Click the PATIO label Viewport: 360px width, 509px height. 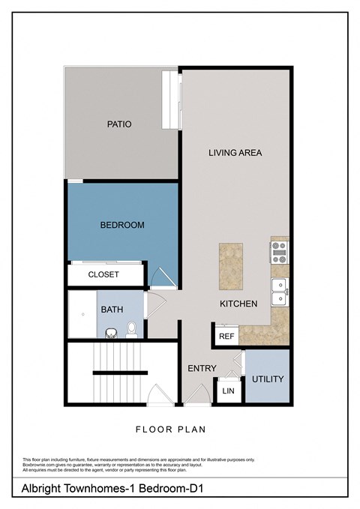(x=118, y=124)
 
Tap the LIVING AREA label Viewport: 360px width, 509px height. (x=235, y=153)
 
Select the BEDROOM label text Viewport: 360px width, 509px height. (x=122, y=225)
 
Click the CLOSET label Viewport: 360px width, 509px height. (x=103, y=274)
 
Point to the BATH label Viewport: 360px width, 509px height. (x=112, y=309)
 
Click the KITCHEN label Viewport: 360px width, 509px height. (x=238, y=304)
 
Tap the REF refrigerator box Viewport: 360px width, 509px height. (x=226, y=337)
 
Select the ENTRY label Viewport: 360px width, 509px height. (x=202, y=368)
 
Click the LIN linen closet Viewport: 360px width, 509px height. (x=227, y=391)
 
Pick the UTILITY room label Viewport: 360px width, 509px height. (x=268, y=379)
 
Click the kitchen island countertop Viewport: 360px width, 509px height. (x=230, y=266)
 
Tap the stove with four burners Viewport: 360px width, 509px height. (x=280, y=251)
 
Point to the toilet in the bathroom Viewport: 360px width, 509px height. (x=131, y=328)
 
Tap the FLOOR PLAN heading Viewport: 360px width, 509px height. (x=170, y=430)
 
